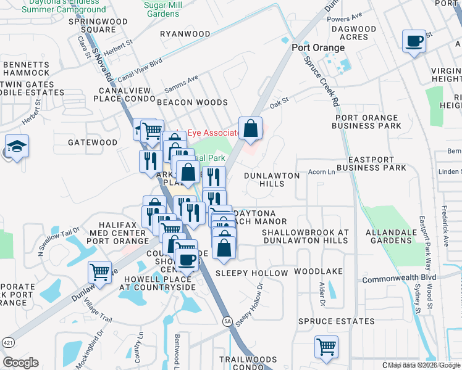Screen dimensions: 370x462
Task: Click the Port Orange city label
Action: click(318, 48)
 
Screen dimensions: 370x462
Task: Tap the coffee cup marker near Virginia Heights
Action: click(413, 41)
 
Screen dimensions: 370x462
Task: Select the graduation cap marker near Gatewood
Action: click(17, 147)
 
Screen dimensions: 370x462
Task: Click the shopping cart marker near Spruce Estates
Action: click(325, 345)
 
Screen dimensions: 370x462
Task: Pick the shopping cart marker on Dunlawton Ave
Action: click(99, 271)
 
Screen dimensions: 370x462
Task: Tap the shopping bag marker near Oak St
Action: click(250, 128)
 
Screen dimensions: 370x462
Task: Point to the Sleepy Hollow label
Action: click(251, 273)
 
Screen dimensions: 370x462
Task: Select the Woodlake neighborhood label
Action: click(317, 271)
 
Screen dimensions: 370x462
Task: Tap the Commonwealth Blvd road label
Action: click(399, 277)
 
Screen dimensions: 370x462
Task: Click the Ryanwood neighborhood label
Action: click(185, 34)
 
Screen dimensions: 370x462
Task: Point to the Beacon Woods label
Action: click(192, 102)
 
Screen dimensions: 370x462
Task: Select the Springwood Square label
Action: click(97, 25)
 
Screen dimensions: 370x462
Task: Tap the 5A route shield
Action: click(227, 321)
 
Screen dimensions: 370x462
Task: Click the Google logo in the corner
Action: click(20, 363)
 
